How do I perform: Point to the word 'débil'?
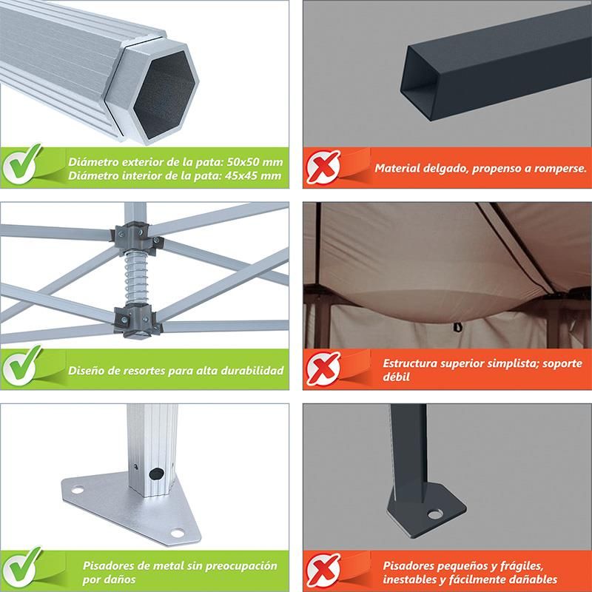396,377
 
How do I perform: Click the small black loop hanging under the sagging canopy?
458,326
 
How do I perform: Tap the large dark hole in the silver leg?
156,474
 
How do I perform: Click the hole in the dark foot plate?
435,514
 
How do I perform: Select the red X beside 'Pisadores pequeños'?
323,570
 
